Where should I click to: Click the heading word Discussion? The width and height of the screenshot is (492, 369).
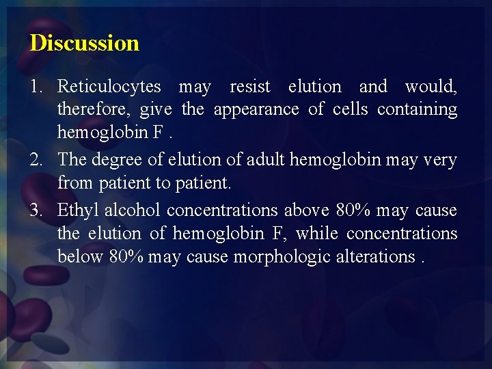(84, 43)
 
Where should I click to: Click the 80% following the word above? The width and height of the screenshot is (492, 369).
(352, 210)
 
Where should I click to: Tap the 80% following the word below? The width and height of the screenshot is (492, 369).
(126, 257)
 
